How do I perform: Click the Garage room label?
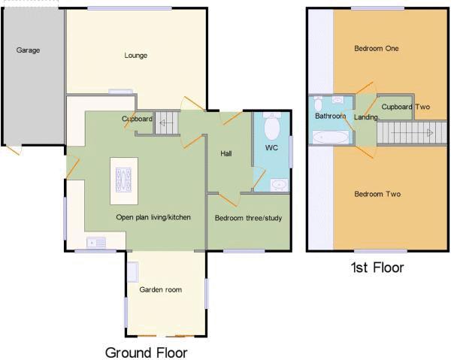[x=28, y=50]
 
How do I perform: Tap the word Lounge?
[x=136, y=56]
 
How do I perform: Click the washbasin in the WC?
[x=279, y=185]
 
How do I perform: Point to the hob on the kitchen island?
[x=124, y=180]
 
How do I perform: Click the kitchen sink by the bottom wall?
[x=96, y=243]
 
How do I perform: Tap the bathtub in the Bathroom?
[x=330, y=137]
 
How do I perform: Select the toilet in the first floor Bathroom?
[x=318, y=104]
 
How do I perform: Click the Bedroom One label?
[x=377, y=49]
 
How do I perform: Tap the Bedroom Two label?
[x=377, y=195]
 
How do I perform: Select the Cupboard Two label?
[x=406, y=107]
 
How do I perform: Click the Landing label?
[x=365, y=117]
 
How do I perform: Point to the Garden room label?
[x=161, y=289]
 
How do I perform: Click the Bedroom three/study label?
[x=248, y=218]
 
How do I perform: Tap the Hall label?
[x=226, y=153]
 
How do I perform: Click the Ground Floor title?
[x=147, y=352]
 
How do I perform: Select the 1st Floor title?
[x=377, y=268]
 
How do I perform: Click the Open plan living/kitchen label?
[x=153, y=217]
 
